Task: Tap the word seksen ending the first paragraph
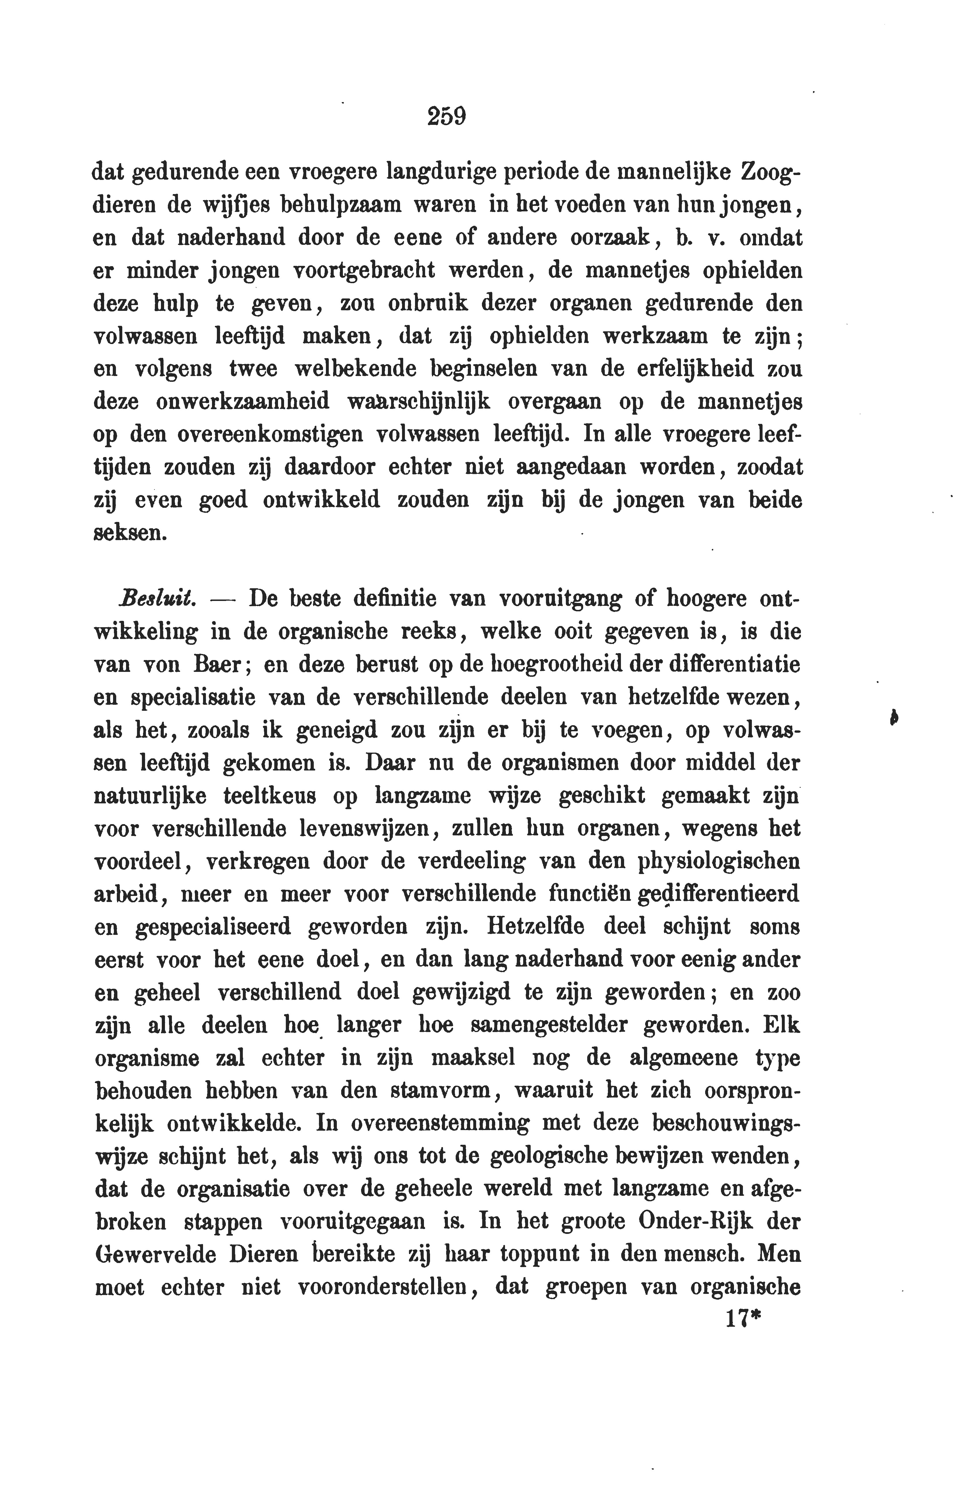pos(130,533)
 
